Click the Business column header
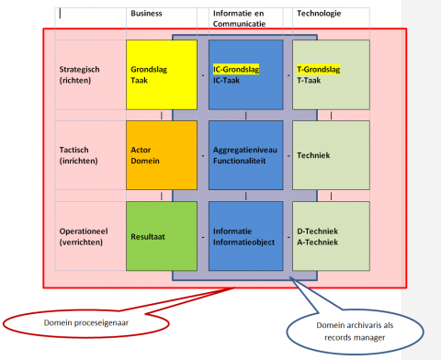(x=148, y=14)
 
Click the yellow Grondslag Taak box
(x=161, y=74)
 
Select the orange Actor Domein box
(x=161, y=155)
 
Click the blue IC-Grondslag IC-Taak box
(x=245, y=74)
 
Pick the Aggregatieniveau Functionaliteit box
(x=245, y=155)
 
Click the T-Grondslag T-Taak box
(x=331, y=74)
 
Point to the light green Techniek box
(x=331, y=155)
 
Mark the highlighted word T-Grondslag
(x=318, y=69)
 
